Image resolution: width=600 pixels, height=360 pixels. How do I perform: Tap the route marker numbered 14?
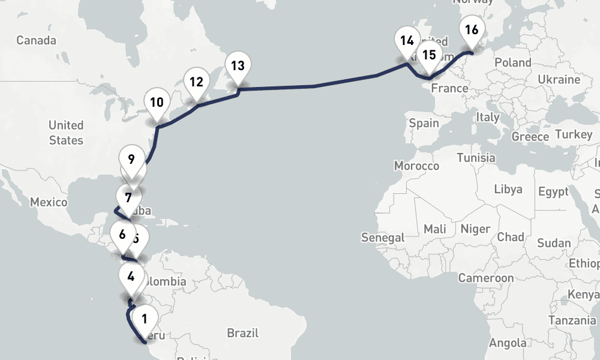click(407, 41)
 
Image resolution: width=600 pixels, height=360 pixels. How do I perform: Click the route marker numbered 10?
click(157, 103)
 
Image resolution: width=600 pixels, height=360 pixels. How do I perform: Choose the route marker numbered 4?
click(131, 278)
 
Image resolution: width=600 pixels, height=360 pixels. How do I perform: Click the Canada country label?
click(36, 40)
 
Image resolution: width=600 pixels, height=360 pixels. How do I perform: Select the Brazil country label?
click(242, 332)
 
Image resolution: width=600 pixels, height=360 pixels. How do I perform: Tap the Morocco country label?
click(416, 166)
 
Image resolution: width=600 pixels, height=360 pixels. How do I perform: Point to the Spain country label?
click(424, 123)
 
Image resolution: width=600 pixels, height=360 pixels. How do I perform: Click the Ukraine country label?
click(559, 80)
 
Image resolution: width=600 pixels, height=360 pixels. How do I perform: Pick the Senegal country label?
click(383, 238)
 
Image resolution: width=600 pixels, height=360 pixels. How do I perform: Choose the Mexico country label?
click(49, 202)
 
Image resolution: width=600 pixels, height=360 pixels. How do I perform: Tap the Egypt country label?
click(553, 192)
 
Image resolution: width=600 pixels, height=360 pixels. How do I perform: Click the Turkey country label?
click(574, 134)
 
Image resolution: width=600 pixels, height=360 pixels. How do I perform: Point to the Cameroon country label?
click(486, 278)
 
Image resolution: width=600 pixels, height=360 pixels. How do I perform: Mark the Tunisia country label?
click(476, 158)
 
